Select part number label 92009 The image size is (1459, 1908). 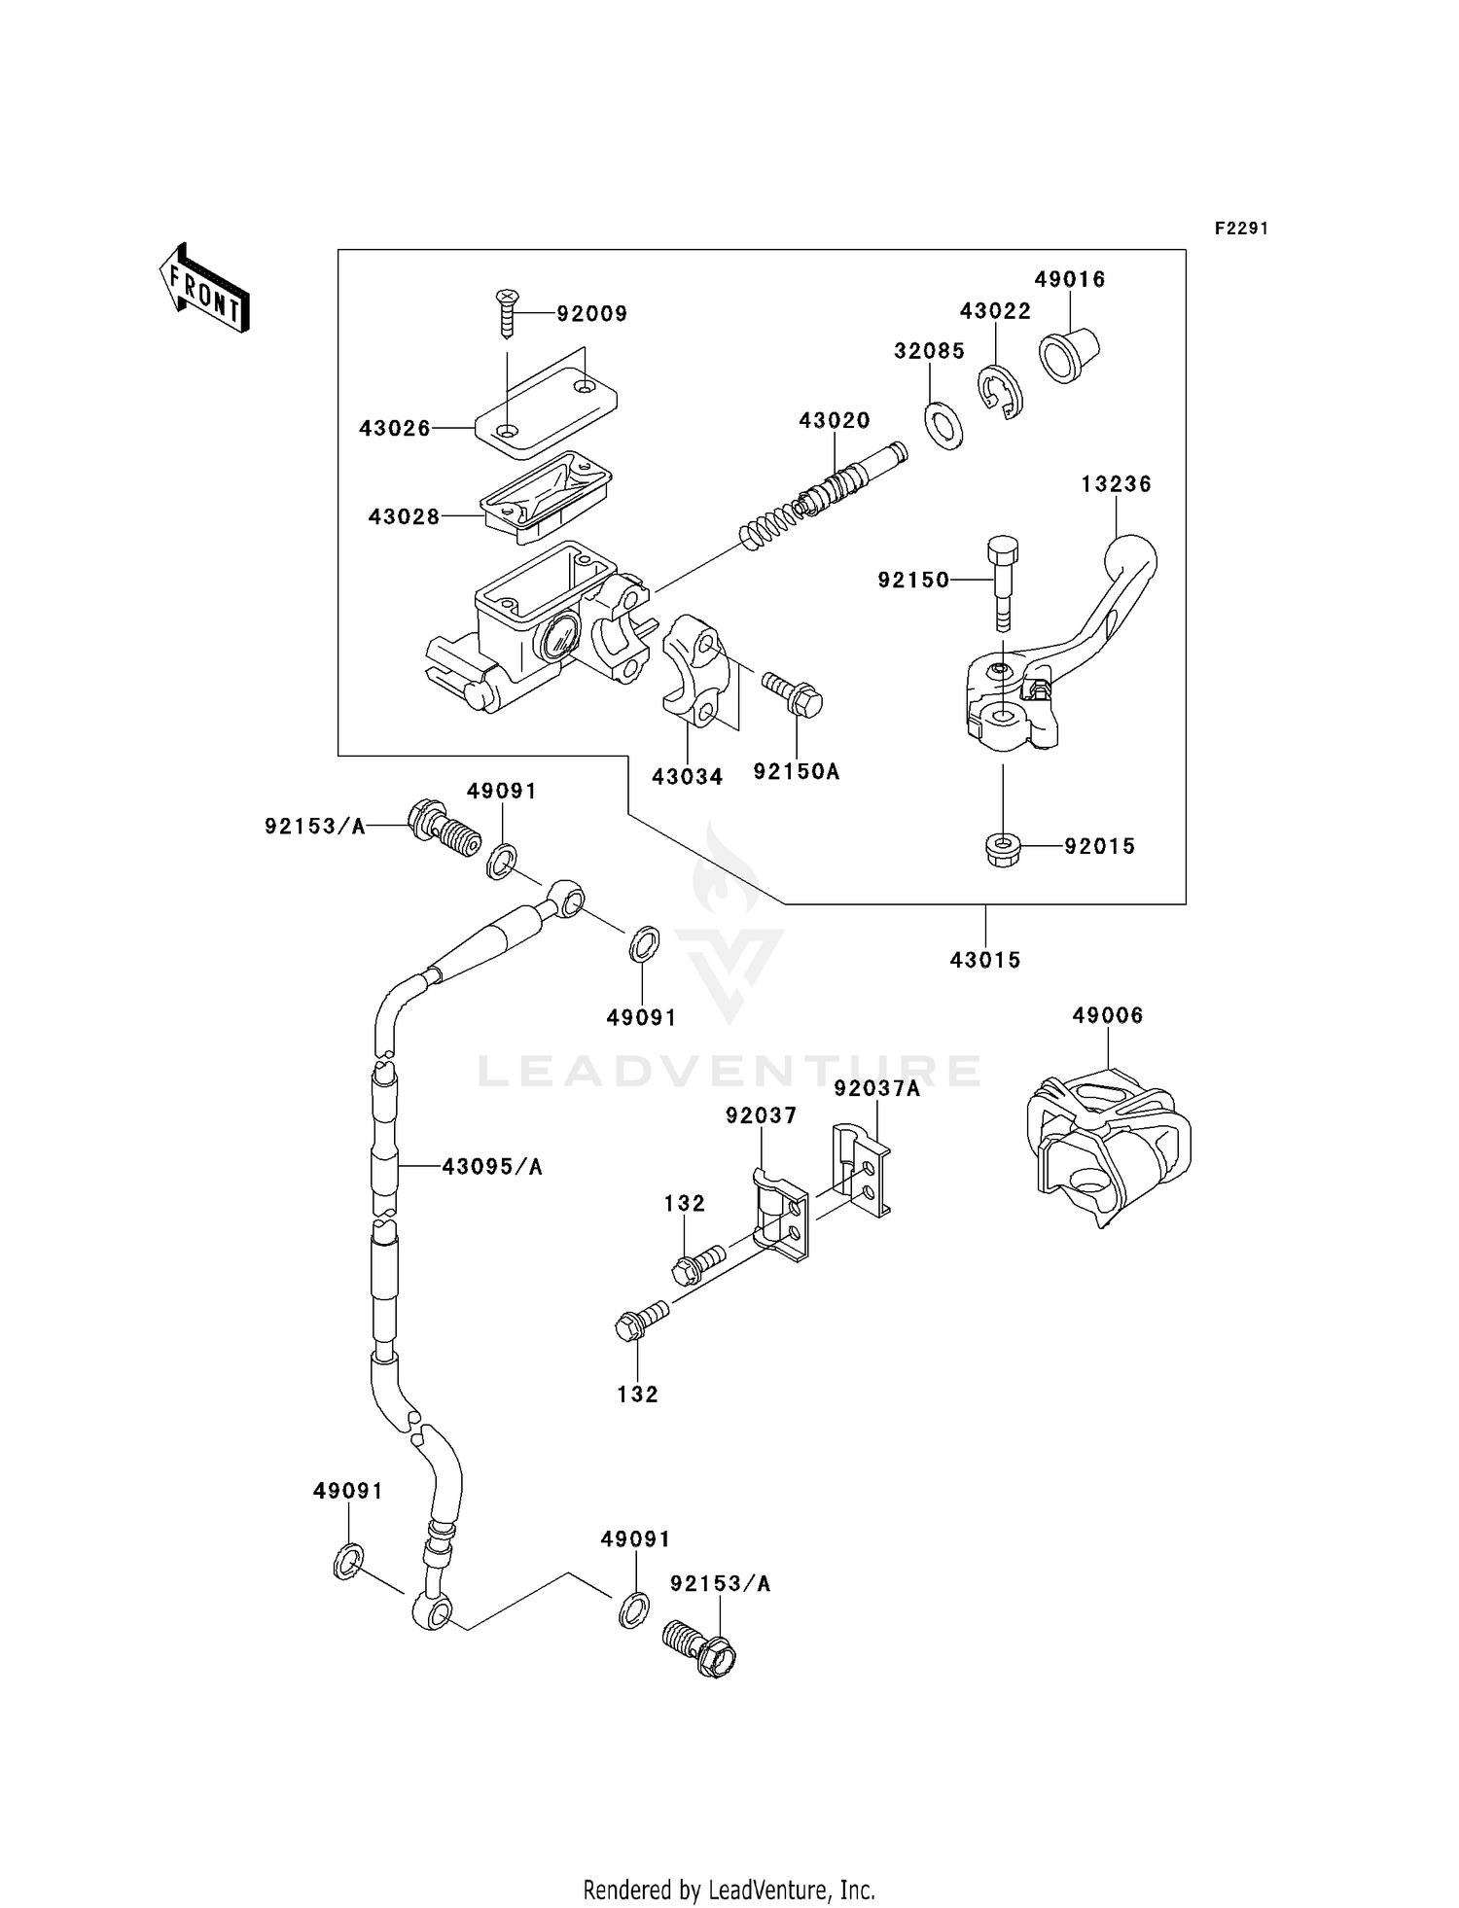591,313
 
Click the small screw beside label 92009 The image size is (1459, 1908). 506,312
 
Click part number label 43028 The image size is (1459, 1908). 404,516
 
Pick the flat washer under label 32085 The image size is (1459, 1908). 943,423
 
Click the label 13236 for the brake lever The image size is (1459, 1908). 1116,483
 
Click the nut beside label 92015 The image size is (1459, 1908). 1002,848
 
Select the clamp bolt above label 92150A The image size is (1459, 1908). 792,694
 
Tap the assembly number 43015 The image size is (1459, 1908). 985,960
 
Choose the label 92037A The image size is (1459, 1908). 876,1088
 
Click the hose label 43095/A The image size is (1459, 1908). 492,1166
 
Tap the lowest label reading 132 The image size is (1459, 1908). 637,1394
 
